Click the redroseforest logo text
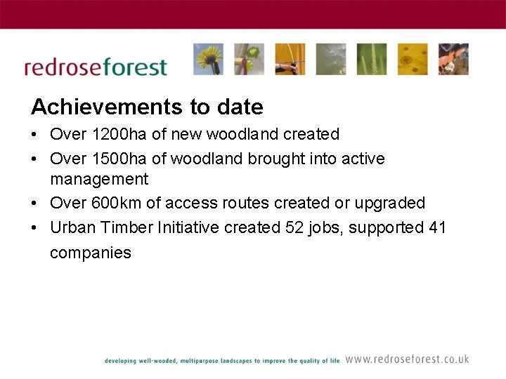point(96,67)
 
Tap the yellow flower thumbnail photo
point(208,59)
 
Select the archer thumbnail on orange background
point(290,59)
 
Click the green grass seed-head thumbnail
point(371,59)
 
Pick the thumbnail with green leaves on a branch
point(249,59)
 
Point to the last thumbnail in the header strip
point(453,59)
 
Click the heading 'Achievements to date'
point(147,107)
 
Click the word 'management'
point(99,180)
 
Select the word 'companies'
point(90,253)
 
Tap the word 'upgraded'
point(390,204)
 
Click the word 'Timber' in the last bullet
point(128,228)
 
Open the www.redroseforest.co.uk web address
point(407,359)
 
